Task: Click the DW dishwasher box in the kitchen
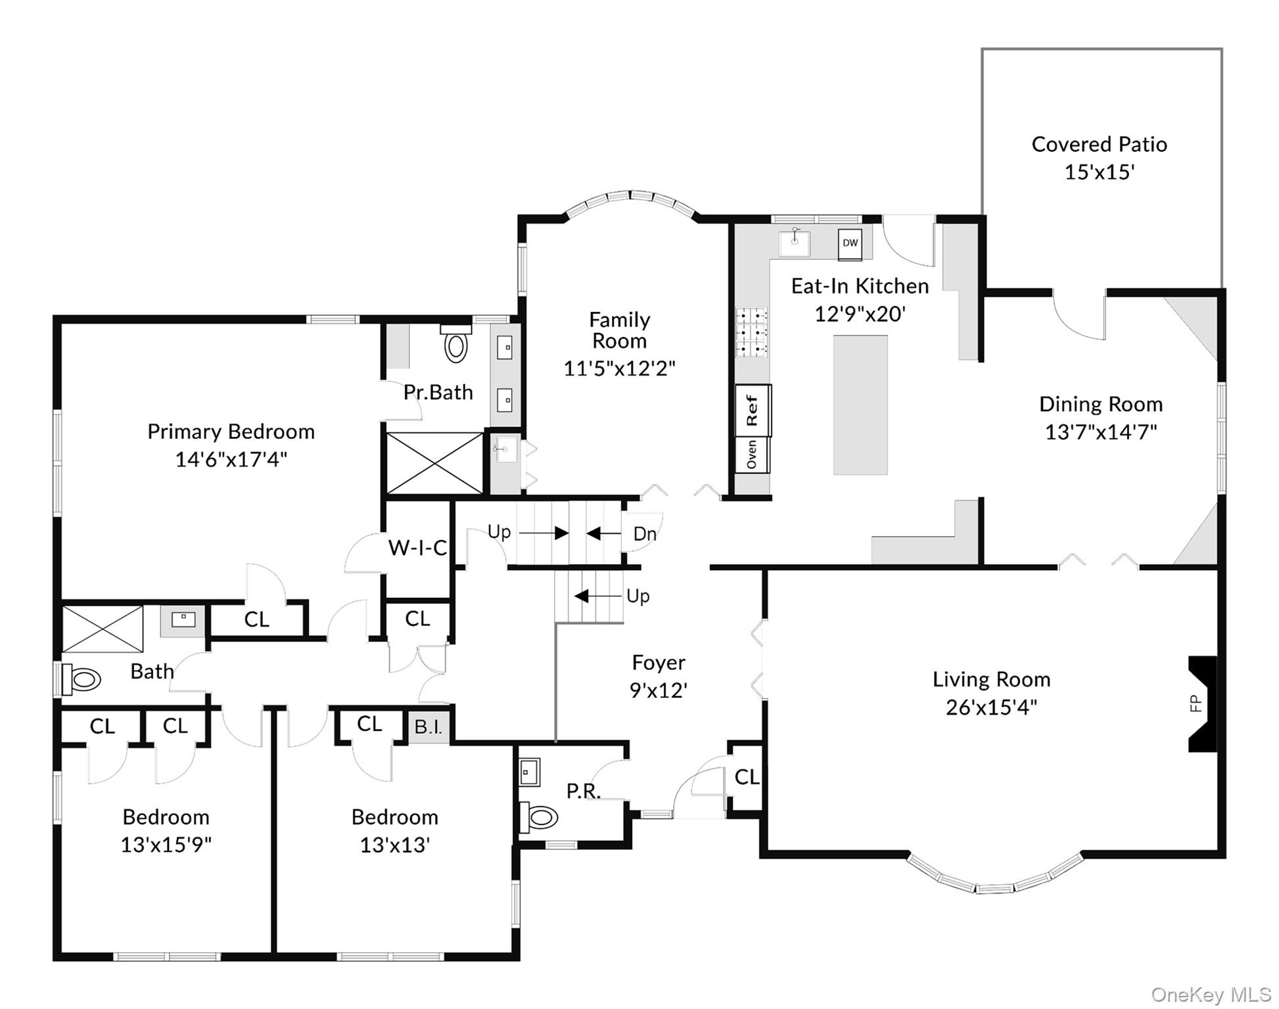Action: click(x=850, y=243)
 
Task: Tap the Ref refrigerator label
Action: click(x=753, y=411)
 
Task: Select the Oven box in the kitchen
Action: click(x=752, y=455)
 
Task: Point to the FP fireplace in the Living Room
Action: click(x=1202, y=704)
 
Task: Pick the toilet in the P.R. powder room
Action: click(x=539, y=817)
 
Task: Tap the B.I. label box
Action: click(x=428, y=727)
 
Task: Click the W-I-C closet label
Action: click(x=417, y=547)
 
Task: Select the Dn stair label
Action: click(x=645, y=534)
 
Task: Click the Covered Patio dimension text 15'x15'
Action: click(x=1100, y=172)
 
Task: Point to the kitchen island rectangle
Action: click(x=860, y=405)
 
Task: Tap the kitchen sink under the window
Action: click(x=795, y=242)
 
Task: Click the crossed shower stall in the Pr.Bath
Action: click(x=434, y=463)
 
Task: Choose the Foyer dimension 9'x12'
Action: click(x=659, y=690)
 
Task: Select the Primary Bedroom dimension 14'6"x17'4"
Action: click(x=231, y=459)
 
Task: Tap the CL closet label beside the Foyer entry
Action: click(x=747, y=777)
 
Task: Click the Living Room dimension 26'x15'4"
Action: click(x=992, y=707)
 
